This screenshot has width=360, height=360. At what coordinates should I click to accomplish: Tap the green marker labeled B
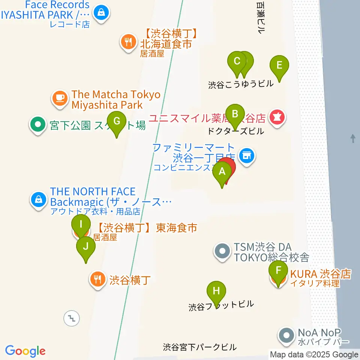click(235, 114)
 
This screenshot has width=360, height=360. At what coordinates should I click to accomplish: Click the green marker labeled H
click(216, 292)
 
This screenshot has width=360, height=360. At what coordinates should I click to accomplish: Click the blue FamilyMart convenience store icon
click(246, 154)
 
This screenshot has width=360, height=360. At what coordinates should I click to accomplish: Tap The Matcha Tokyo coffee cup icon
click(59, 99)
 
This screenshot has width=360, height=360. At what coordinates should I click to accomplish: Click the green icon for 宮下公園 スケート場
click(37, 124)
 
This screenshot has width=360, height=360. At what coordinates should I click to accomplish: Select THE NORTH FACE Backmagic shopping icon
click(39, 199)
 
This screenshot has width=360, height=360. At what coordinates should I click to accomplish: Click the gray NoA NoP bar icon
click(287, 336)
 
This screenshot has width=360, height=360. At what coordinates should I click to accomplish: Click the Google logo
click(25, 351)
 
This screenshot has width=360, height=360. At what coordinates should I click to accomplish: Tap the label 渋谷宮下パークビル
click(200, 347)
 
